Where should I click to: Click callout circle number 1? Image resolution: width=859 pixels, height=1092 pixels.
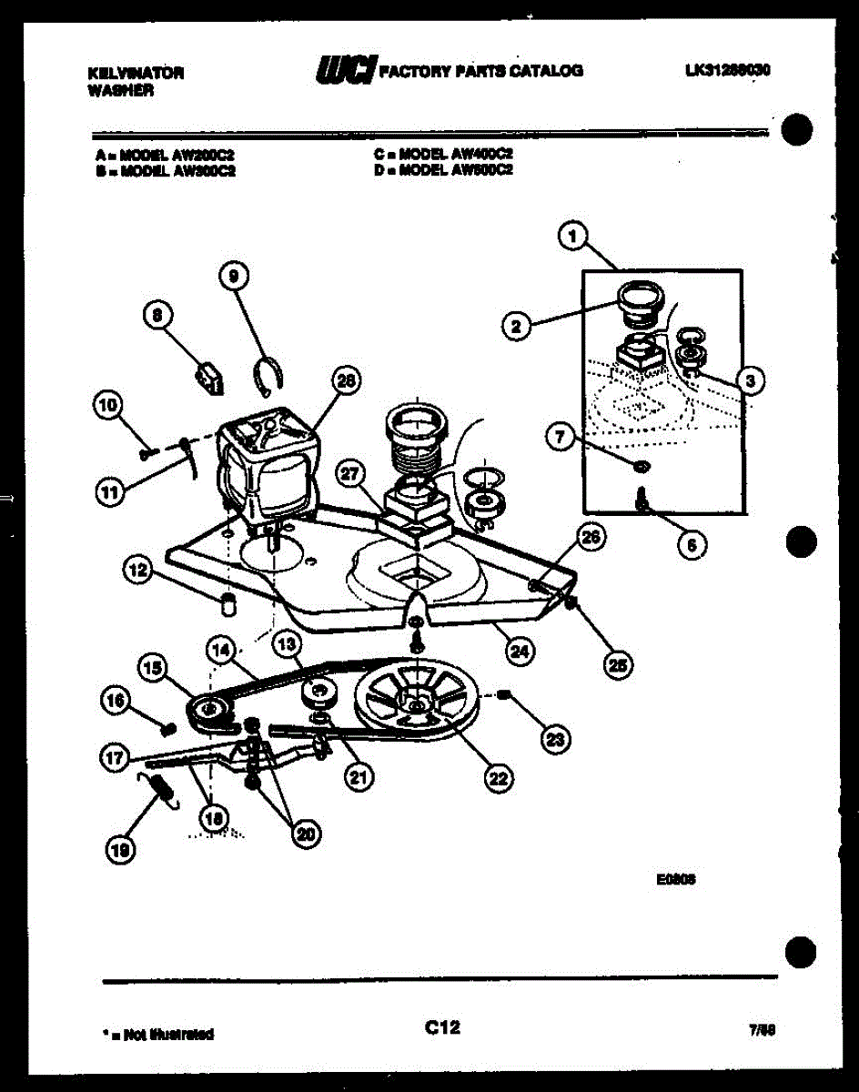[x=571, y=238]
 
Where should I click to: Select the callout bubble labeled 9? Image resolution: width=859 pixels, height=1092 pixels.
[x=233, y=275]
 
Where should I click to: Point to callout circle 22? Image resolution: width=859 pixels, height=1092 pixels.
[x=498, y=777]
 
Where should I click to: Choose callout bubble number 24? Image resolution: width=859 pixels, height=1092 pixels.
[x=520, y=651]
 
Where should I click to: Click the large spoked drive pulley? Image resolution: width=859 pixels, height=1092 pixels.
[x=420, y=700]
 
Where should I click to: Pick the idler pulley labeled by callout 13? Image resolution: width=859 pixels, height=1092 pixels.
[x=319, y=696]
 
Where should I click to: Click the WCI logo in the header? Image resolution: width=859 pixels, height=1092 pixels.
[x=345, y=70]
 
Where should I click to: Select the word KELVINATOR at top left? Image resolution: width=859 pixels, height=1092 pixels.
[x=136, y=73]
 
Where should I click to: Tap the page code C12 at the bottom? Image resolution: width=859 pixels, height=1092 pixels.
[x=442, y=1027]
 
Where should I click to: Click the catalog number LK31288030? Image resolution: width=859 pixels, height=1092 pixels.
[x=727, y=69]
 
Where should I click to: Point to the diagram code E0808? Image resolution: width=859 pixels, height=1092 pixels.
[x=675, y=880]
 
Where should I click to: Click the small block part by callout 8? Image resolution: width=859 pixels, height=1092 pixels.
[x=210, y=376]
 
